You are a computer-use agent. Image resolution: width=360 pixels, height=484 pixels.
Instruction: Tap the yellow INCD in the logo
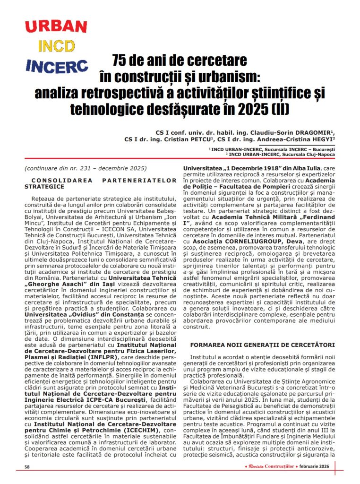pyautogui.click(x=56, y=46)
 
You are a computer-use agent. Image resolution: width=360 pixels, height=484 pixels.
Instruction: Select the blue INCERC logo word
pyautogui.click(x=57, y=66)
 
